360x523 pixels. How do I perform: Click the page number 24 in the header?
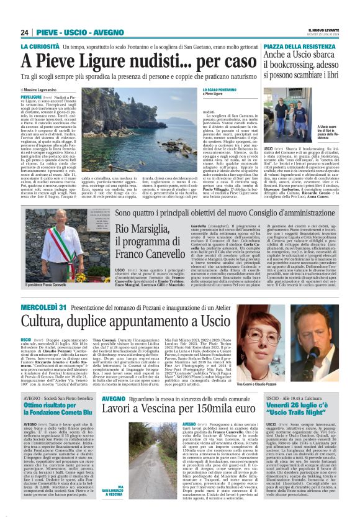tap(25, 32)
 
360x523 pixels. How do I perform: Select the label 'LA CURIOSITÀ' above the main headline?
tap(41, 47)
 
